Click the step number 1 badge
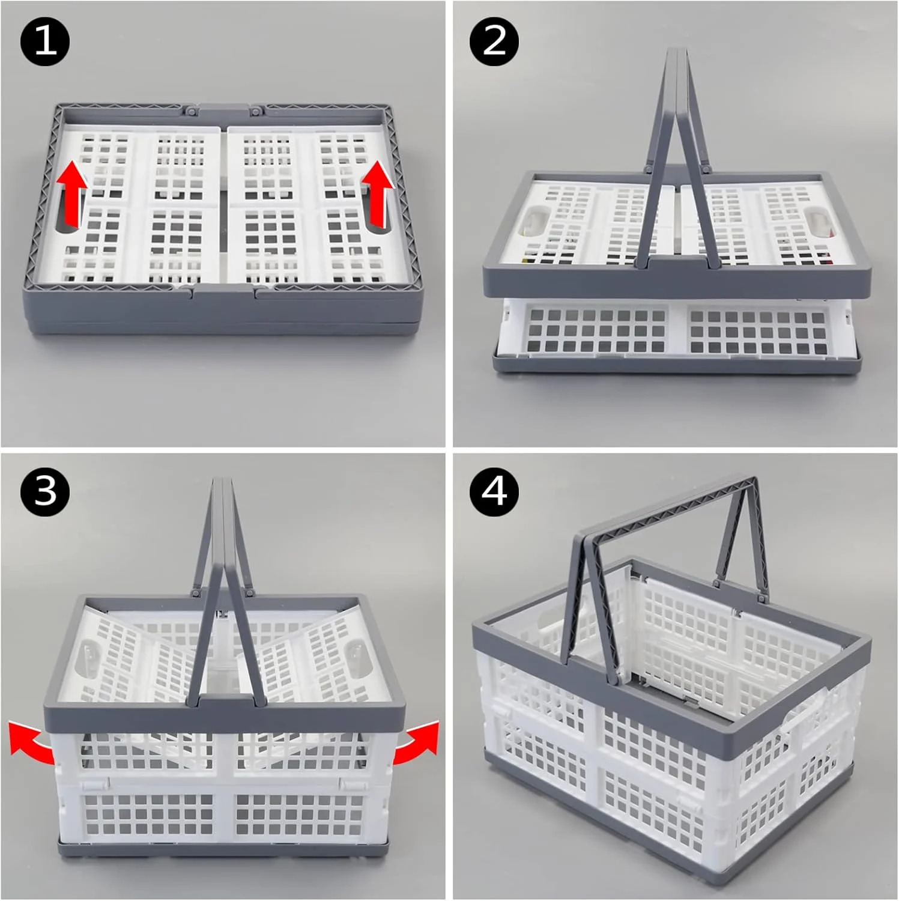[x=45, y=42]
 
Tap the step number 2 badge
[x=494, y=42]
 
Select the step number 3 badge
[x=45, y=492]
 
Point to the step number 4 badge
[x=494, y=492]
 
